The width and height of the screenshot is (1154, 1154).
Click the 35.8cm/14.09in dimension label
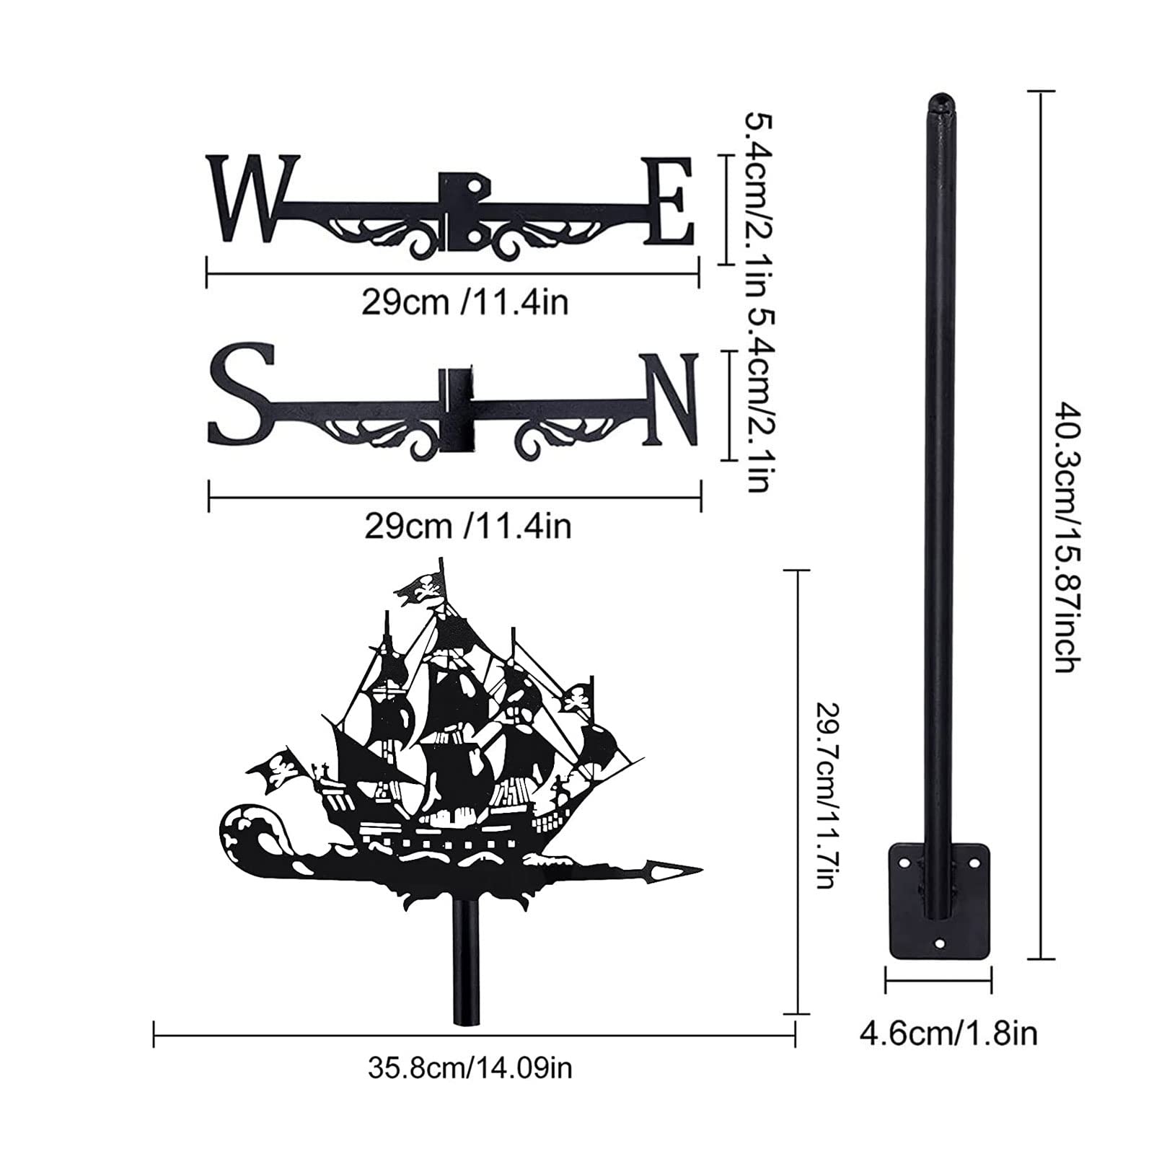(470, 1067)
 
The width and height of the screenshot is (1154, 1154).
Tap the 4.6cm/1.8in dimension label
(948, 1033)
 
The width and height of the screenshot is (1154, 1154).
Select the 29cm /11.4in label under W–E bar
(464, 302)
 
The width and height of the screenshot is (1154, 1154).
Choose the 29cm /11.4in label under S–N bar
(467, 527)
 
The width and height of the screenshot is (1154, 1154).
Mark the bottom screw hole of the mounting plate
(939, 942)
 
